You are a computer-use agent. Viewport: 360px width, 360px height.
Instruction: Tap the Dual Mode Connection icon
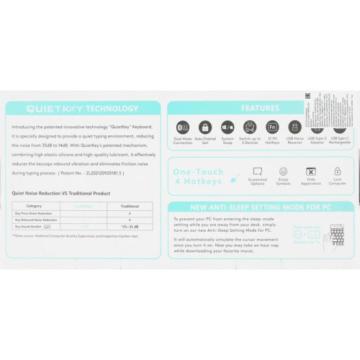coord(183,127)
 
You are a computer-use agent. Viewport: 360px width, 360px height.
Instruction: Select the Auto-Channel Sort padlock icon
coord(205,127)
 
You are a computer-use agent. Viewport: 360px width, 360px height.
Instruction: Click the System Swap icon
coord(228,127)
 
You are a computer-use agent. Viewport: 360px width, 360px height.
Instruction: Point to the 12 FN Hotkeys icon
coord(272,127)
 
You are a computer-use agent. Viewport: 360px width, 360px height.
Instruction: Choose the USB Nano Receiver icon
coord(294,127)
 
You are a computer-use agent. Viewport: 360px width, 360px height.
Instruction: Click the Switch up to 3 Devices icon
coord(250,127)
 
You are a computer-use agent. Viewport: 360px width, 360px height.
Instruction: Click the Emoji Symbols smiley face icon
coord(283,172)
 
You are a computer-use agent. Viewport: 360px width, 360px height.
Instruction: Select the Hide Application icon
coord(310,172)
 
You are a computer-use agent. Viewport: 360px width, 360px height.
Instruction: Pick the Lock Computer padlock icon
coord(337,172)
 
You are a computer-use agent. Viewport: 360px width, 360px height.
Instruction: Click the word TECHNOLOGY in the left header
coord(112,109)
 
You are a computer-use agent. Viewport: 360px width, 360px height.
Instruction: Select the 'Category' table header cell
coord(34,206)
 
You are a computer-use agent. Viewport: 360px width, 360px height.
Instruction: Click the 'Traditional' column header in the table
coord(128,206)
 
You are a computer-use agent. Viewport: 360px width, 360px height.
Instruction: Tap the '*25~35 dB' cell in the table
coord(128,226)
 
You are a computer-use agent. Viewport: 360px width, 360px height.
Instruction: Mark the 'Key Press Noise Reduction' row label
coord(34,214)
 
